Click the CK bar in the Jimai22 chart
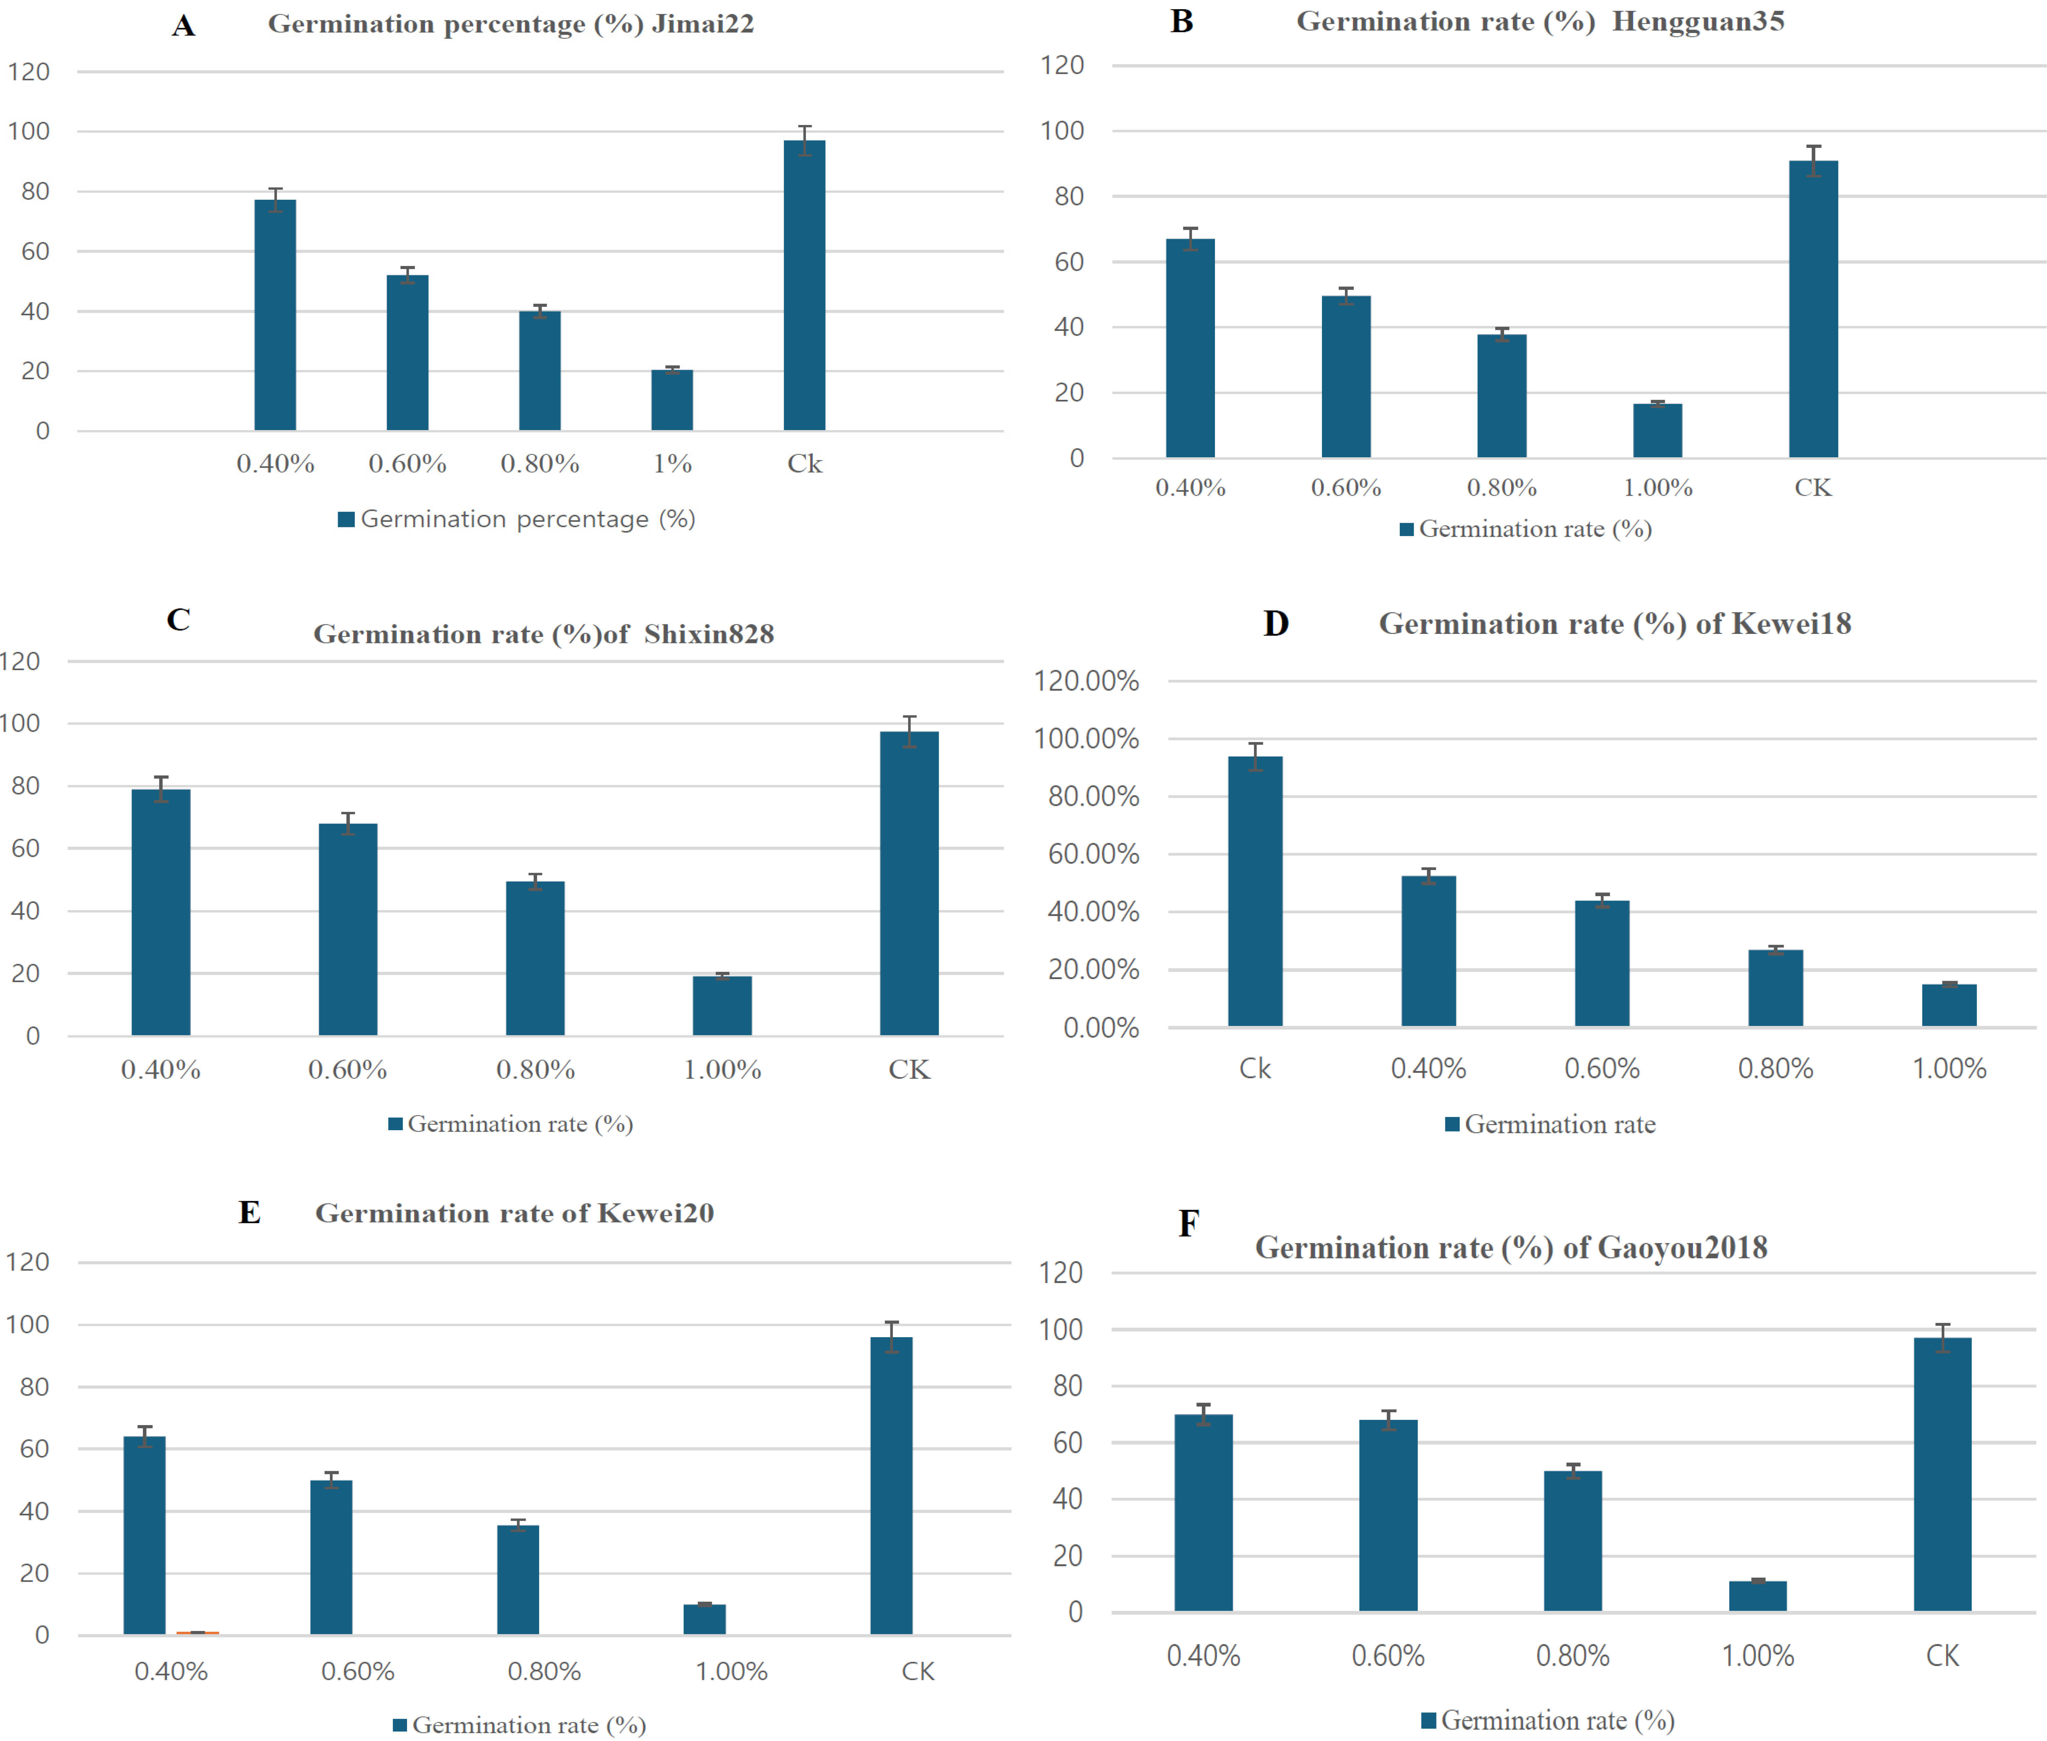(805, 285)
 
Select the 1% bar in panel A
(672, 400)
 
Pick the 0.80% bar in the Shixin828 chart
(535, 958)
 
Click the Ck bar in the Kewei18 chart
(1255, 891)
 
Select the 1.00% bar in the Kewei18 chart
(1949, 1005)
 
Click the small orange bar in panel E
(197, 1633)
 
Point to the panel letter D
(1276, 624)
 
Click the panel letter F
(1189, 1224)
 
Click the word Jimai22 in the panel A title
(703, 24)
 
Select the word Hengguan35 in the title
(1699, 22)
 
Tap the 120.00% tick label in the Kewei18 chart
(1086, 681)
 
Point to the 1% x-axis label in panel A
(672, 464)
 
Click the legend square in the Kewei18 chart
(1452, 1124)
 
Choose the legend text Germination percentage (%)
(528, 519)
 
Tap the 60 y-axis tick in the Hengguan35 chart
(1069, 262)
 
